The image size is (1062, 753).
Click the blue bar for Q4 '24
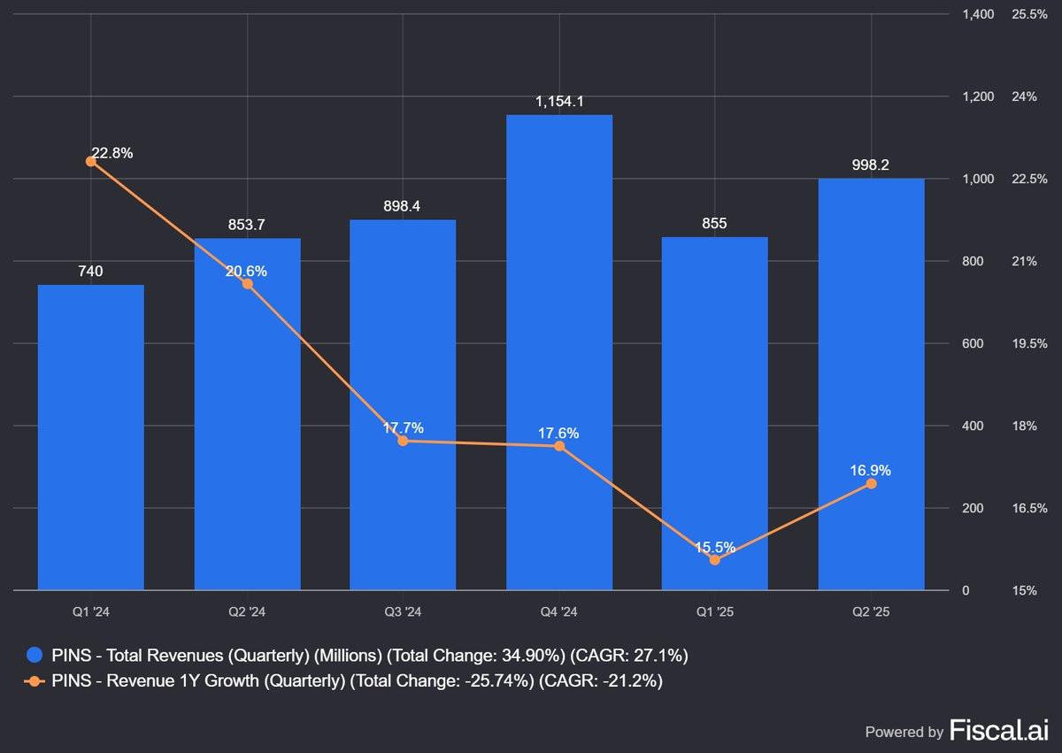click(x=558, y=354)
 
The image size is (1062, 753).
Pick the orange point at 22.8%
click(x=91, y=161)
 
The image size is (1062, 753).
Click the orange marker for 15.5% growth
click(x=714, y=559)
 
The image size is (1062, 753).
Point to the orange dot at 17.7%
click(x=403, y=441)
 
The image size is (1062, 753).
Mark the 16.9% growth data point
click(x=871, y=483)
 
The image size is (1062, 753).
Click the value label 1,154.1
click(x=558, y=102)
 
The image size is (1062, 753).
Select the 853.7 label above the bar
click(x=246, y=225)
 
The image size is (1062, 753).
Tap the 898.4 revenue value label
click(x=403, y=206)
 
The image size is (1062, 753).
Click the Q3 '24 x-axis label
click(x=403, y=612)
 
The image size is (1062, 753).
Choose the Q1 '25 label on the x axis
click(x=714, y=612)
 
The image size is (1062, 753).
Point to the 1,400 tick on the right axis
click(x=979, y=14)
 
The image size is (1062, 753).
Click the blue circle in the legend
click(x=35, y=656)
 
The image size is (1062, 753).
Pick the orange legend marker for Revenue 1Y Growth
click(x=35, y=681)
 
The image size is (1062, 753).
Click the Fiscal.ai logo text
click(x=998, y=730)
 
